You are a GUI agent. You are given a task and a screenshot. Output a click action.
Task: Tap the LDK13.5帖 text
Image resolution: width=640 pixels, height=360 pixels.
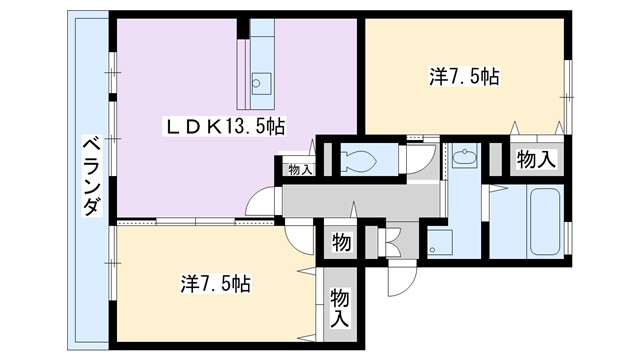(226, 127)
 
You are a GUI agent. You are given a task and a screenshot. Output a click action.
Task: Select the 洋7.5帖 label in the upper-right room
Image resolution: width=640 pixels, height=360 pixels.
(465, 77)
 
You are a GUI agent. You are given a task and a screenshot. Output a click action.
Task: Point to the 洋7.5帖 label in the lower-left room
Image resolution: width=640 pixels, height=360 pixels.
(215, 283)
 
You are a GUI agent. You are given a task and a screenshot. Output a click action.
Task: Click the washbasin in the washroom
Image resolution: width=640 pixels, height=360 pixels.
(464, 157)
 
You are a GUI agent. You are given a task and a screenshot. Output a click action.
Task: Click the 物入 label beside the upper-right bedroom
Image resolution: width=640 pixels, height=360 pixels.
(537, 158)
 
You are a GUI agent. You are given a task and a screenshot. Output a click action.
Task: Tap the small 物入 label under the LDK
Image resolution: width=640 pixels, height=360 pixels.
(299, 170)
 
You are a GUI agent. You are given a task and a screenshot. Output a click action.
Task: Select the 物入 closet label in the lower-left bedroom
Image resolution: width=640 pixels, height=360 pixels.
(340, 309)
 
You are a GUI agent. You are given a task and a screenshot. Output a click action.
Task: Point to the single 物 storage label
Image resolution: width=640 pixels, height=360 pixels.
(340, 243)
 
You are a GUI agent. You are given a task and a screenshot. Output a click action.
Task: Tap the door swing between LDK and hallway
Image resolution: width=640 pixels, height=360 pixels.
(263, 199)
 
